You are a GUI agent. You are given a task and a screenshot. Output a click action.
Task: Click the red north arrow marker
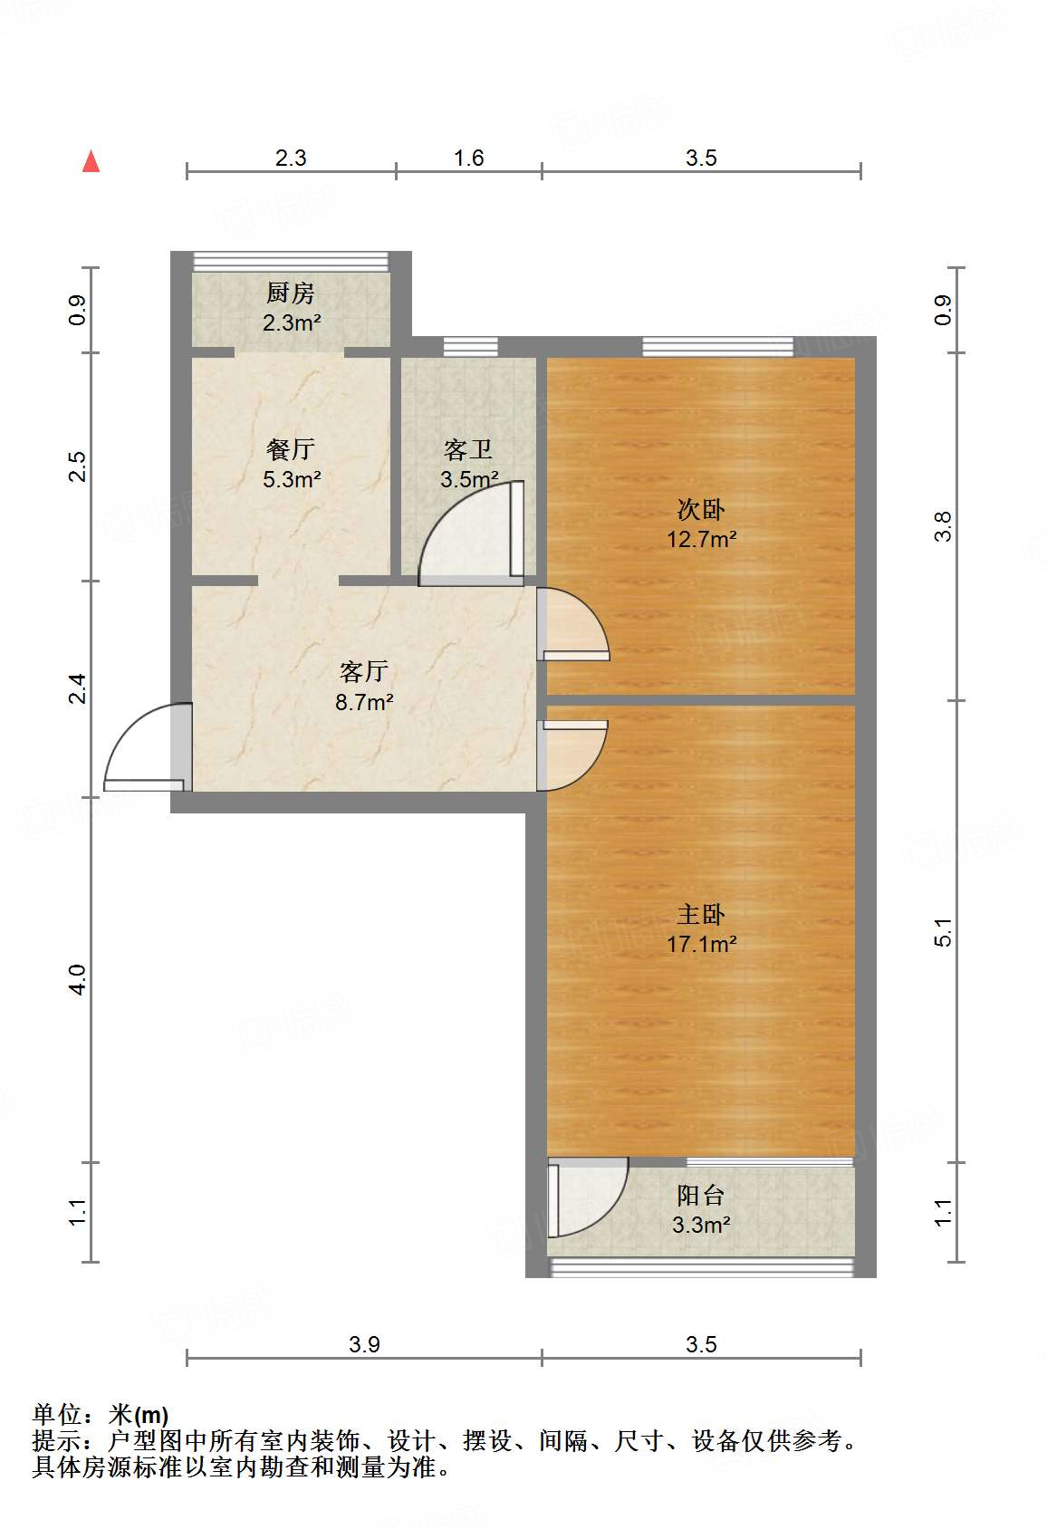coord(91,161)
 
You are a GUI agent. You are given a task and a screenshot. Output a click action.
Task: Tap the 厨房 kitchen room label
coord(291,293)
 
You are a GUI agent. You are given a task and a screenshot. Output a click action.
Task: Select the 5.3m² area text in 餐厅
coord(292,480)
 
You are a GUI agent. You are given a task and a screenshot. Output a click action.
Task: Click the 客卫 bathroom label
coord(468,450)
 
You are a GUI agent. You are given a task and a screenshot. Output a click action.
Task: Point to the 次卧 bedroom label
coord(701,510)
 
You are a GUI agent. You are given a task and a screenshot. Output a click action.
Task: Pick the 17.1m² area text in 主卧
coord(701,945)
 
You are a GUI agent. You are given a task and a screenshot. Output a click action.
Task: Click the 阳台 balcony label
coord(701,1196)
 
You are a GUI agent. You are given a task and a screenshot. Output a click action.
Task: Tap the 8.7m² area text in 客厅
coord(364,702)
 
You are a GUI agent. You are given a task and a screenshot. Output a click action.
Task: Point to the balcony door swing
coord(586,1197)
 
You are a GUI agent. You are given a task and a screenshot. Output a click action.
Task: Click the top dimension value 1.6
coord(468,159)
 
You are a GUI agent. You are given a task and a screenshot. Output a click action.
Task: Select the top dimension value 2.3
coord(291,159)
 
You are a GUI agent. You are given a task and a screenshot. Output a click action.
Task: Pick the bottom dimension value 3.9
coord(364,1344)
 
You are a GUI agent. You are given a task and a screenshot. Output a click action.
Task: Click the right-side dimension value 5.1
coord(943,932)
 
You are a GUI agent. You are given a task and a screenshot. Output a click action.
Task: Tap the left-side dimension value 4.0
coord(78,979)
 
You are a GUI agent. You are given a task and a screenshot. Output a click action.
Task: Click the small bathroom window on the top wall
coord(470,346)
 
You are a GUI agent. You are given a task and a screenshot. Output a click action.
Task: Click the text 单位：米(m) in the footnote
coord(101,1415)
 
